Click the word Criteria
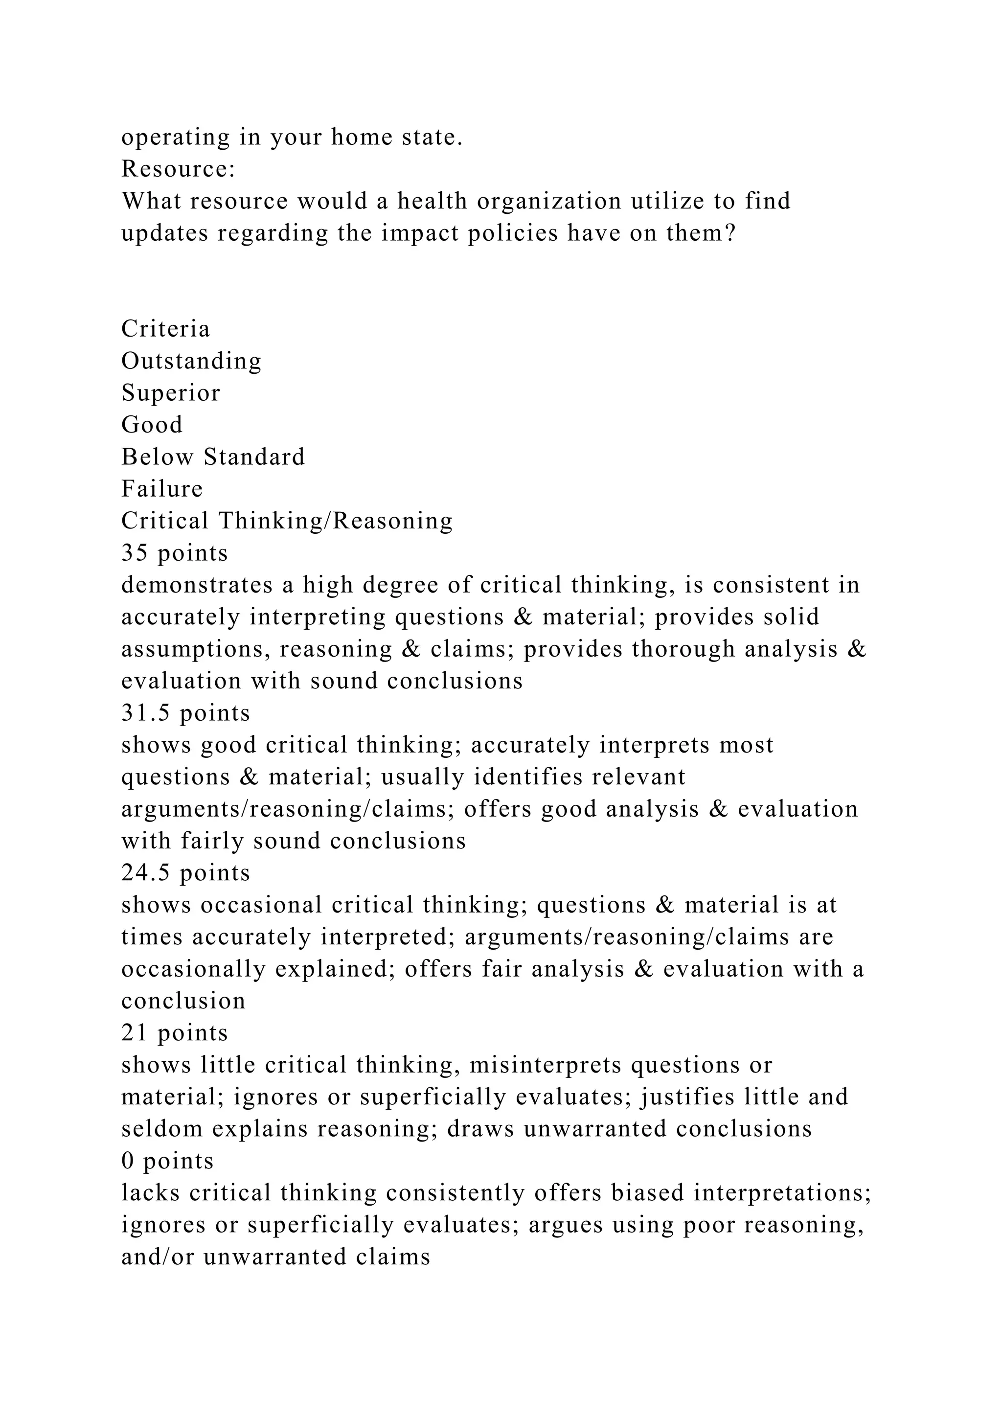pyautogui.click(x=165, y=329)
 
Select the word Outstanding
pyautogui.click(x=191, y=361)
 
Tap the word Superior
pyautogui.click(x=170, y=393)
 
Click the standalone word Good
pyautogui.click(x=152, y=425)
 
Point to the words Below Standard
pyautogui.click(x=213, y=457)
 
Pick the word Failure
pyautogui.click(x=161, y=489)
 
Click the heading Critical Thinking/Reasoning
pyautogui.click(x=287, y=522)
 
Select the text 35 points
pyautogui.click(x=175, y=553)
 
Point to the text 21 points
pyautogui.click(x=175, y=1033)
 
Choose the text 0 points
pyautogui.click(x=167, y=1162)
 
